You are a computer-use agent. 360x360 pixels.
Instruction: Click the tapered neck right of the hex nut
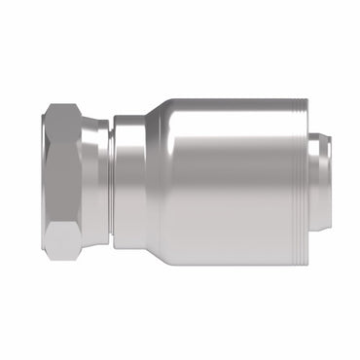point(97,180)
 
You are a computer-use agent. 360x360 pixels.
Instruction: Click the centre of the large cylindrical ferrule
point(234,180)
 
